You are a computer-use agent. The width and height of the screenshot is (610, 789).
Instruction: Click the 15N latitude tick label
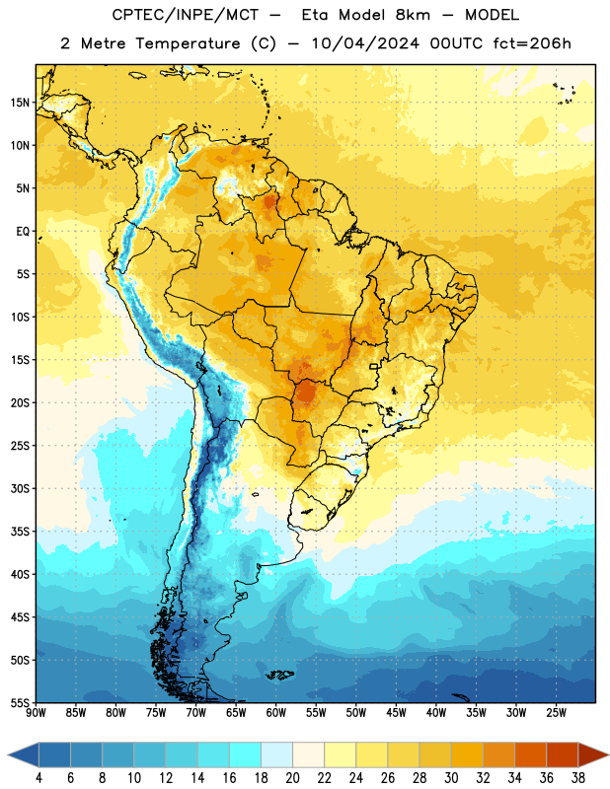[20, 103]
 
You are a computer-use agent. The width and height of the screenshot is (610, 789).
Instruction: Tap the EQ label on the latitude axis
[23, 232]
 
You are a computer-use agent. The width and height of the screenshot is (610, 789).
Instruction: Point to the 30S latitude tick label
[20, 488]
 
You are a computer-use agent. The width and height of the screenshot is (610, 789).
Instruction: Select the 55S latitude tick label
[20, 702]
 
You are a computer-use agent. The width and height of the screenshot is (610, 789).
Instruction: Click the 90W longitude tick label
[37, 713]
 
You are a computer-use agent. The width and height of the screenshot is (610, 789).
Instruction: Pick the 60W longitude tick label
[276, 713]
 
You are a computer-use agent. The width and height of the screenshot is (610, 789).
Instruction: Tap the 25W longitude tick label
[556, 713]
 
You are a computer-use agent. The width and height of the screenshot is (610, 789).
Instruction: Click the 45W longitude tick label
[396, 713]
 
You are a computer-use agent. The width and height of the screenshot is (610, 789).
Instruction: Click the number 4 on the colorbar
[38, 778]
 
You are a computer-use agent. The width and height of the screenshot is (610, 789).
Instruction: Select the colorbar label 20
[292, 778]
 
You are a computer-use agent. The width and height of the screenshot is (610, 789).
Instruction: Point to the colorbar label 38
[578, 778]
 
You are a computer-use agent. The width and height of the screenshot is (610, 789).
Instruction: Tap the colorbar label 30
[451, 778]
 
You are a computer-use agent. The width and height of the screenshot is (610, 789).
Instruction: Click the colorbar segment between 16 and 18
[246, 754]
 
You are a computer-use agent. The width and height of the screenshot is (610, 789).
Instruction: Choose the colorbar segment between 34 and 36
[531, 754]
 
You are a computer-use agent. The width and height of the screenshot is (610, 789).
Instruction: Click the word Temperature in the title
[188, 43]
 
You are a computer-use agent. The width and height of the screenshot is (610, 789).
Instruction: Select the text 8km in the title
[413, 15]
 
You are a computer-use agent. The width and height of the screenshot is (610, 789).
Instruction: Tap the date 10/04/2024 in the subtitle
[365, 43]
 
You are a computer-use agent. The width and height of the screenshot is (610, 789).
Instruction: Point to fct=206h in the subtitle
[532, 43]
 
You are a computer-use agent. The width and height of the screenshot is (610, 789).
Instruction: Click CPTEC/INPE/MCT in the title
[185, 15]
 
